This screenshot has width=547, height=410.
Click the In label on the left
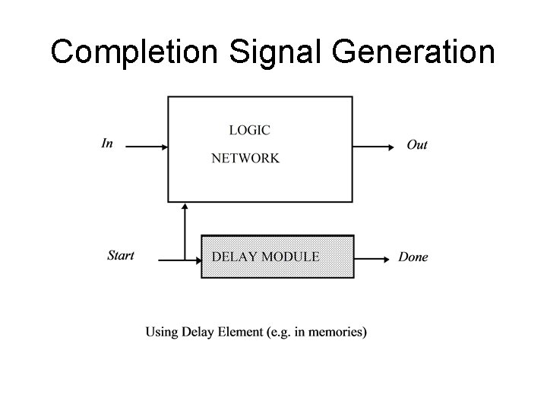point(107,143)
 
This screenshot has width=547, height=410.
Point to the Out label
point(417,145)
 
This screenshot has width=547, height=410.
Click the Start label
point(121,255)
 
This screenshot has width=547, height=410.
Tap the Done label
point(413,257)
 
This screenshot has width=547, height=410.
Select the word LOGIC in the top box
point(249,130)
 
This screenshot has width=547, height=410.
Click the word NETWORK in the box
point(245,159)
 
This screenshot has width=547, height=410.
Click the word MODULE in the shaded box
point(290,257)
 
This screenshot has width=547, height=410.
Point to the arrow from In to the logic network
point(145,146)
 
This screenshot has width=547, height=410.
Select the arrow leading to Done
point(372,258)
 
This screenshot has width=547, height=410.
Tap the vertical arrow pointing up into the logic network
point(185,228)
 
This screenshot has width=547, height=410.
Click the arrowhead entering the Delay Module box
point(195,258)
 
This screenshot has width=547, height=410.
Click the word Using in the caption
point(161,332)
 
